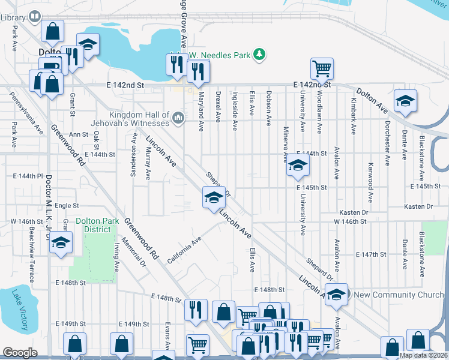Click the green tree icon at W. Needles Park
pos(259,55)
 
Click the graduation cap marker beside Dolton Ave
pos(405,101)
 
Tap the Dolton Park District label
pos(93,225)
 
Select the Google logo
pos(20,352)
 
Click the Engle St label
pos(67,206)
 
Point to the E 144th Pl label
pos(28,176)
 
